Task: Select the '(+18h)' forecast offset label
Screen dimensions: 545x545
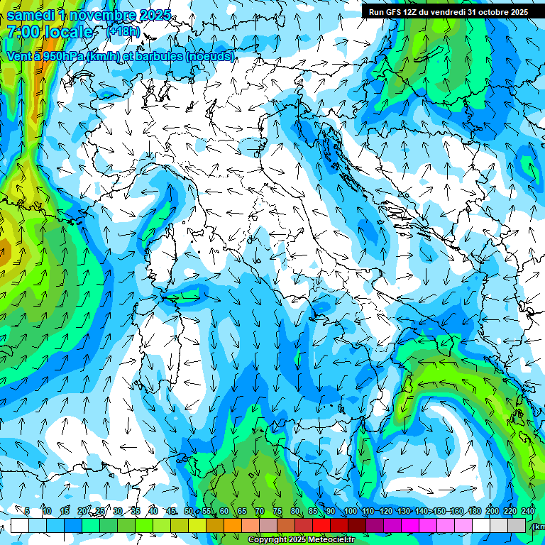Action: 122,31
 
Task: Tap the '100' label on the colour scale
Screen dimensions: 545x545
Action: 350,511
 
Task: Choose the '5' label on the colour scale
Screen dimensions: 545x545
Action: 27,511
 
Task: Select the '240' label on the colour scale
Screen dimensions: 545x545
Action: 528,511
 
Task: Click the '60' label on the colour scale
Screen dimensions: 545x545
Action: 224,511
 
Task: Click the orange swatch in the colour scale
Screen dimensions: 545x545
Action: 233,525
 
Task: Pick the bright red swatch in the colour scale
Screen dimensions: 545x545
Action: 321,525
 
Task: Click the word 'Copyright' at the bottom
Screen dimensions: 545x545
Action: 268,540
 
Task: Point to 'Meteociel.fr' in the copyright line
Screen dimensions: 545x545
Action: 331,540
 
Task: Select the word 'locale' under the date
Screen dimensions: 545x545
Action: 67,33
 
